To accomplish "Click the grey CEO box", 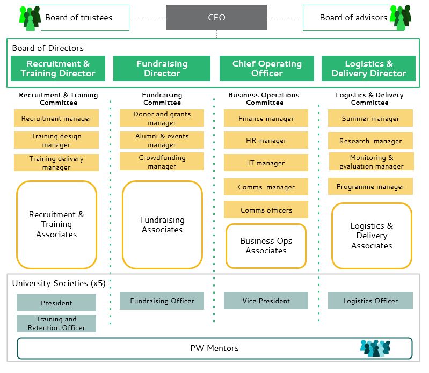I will click(x=216, y=17).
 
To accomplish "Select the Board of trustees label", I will click(x=78, y=18).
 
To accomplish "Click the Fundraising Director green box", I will click(x=162, y=69).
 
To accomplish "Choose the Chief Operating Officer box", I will click(x=267, y=69).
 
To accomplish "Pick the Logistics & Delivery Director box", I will click(x=369, y=69).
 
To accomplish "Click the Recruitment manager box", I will click(x=56, y=119).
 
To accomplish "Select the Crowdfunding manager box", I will click(x=162, y=162).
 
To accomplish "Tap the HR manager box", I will click(x=266, y=141).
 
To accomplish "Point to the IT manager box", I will click(x=266, y=163).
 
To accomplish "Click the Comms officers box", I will click(x=266, y=210).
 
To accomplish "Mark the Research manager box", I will click(x=370, y=141).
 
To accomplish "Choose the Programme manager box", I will click(x=370, y=187).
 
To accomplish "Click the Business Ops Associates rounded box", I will click(x=266, y=246).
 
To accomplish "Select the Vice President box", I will click(x=266, y=301).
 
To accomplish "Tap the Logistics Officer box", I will click(x=370, y=301).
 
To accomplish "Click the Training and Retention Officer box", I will click(x=56, y=323).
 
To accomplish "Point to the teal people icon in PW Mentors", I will click(x=375, y=348).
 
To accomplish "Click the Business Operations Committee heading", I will click(x=265, y=99).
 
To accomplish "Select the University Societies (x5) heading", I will click(x=59, y=283).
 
